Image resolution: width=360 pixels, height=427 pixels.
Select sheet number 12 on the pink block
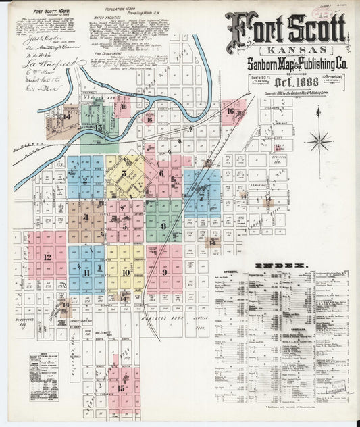pos(47,257)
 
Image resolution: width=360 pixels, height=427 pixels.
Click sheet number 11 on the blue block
pos(86,272)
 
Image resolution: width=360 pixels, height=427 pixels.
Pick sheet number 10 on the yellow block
pos(126,272)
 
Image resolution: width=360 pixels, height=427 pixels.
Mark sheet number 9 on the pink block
pos(164,272)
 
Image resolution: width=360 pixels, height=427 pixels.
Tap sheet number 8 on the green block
pos(163,225)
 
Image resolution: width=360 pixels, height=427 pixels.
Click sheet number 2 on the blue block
pos(85,180)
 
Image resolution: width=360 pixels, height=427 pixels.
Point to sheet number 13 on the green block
pos(99,126)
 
